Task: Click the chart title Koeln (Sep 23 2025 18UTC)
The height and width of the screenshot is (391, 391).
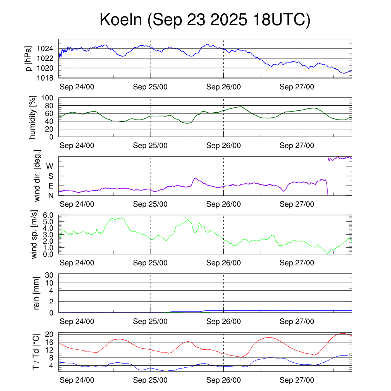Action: (x=205, y=20)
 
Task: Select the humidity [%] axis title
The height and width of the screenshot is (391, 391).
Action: (x=33, y=117)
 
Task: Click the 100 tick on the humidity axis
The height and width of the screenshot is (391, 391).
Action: (x=48, y=98)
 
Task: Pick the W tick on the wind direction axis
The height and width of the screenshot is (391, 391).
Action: (x=50, y=166)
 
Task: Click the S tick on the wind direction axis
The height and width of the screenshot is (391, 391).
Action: (x=50, y=176)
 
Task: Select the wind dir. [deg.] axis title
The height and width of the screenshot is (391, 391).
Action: (x=37, y=176)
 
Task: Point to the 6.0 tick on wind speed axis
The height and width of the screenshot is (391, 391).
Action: (x=48, y=215)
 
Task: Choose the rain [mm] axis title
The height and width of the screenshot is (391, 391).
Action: (x=37, y=293)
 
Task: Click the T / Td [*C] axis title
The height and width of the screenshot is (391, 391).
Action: (x=36, y=352)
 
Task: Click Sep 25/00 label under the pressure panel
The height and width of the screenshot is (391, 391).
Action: (x=150, y=87)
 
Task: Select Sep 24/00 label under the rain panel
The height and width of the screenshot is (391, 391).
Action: (x=77, y=322)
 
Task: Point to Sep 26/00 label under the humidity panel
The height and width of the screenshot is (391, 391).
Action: (x=223, y=145)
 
